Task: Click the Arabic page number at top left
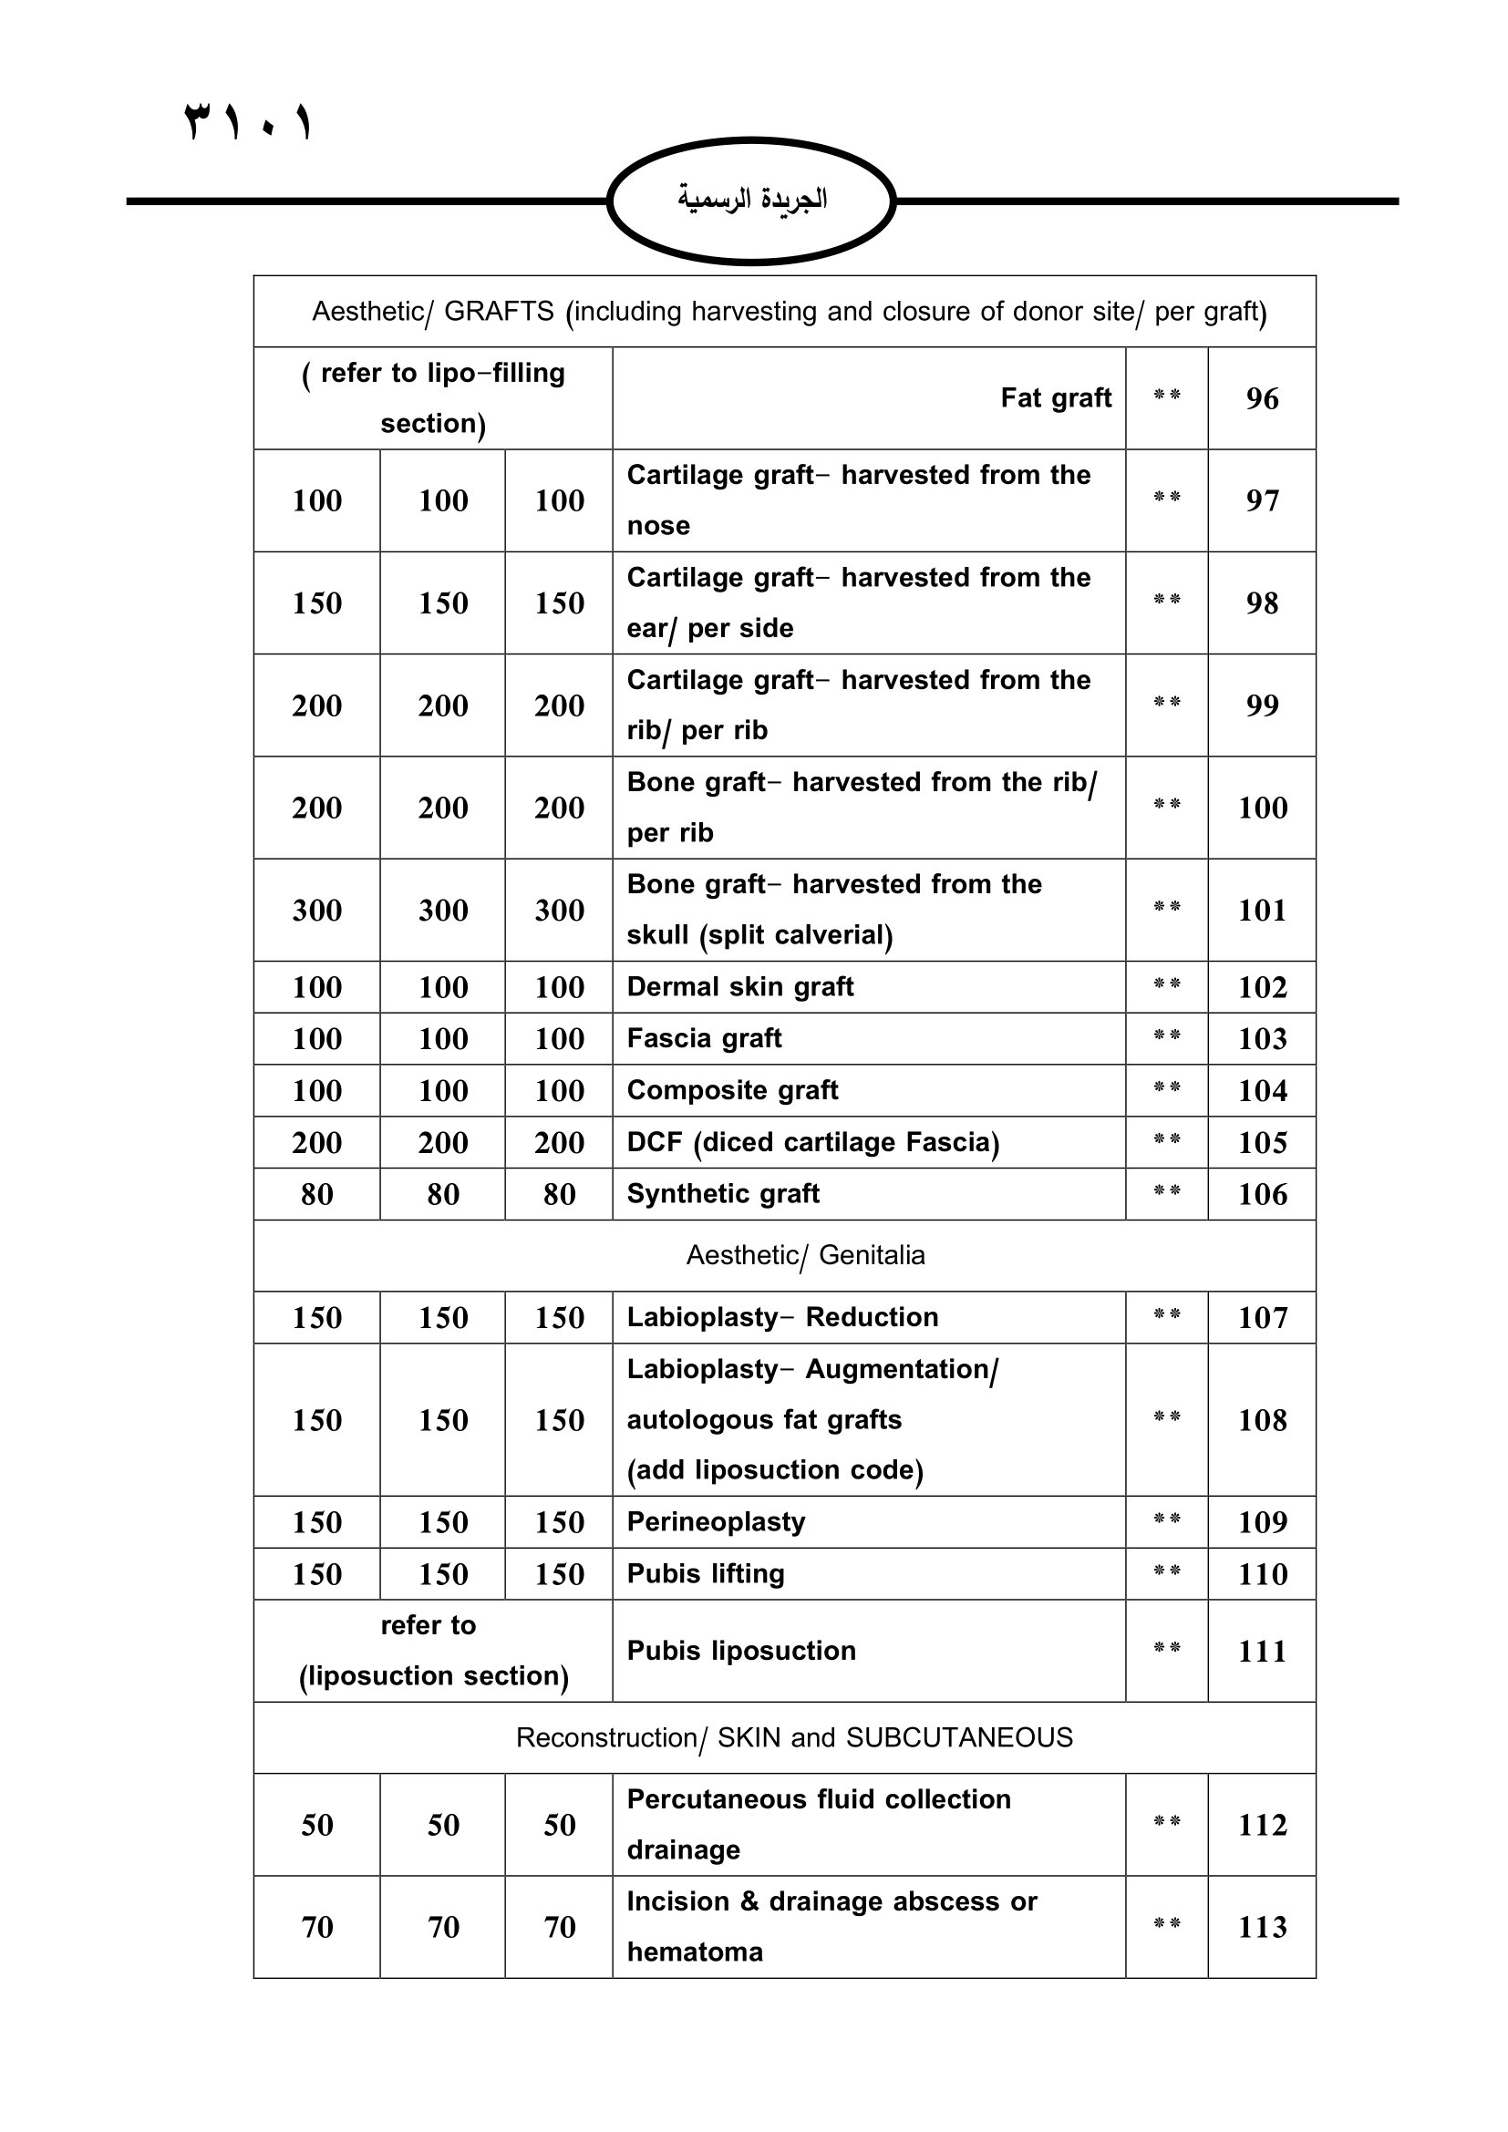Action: (249, 121)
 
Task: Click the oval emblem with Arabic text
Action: (751, 201)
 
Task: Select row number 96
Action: (1262, 398)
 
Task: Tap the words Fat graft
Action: (1056, 398)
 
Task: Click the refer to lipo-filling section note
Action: (433, 398)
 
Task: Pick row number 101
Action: (1262, 910)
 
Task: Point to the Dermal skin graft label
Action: (740, 986)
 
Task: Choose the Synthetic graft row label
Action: (723, 1193)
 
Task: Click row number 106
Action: (1262, 1194)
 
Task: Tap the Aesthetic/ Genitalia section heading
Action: (805, 1255)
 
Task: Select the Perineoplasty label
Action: (716, 1522)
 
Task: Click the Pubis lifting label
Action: (706, 1574)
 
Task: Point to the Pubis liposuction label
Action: (741, 1651)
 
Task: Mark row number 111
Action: (1262, 1651)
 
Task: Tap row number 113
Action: (1262, 1927)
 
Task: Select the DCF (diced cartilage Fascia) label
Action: (812, 1142)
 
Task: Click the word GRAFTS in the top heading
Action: (499, 311)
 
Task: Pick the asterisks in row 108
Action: (1166, 1417)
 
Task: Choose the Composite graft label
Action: (733, 1090)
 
